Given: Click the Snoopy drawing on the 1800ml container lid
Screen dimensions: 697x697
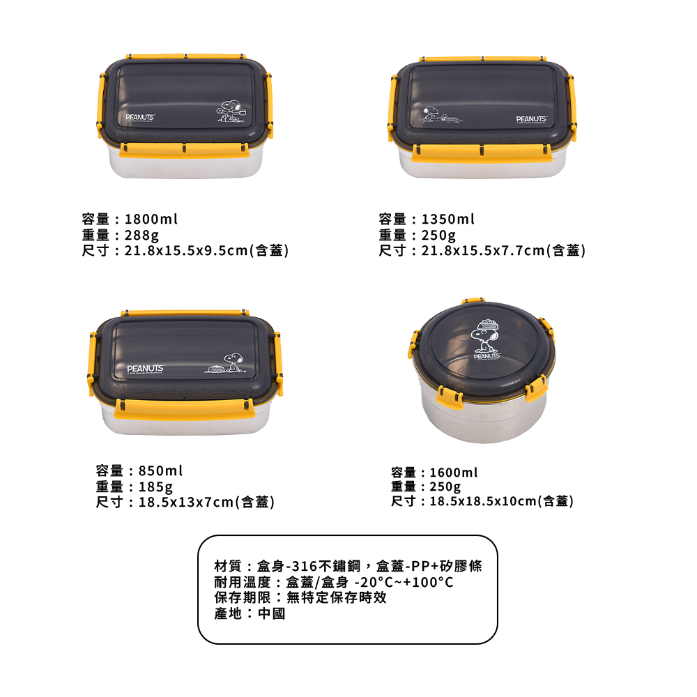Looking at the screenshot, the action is pyautogui.click(x=231, y=111).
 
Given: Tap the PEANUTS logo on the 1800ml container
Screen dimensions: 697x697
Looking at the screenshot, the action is pyautogui.click(x=140, y=118).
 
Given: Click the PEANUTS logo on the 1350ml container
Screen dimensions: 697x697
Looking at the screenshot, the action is pyautogui.click(x=532, y=119).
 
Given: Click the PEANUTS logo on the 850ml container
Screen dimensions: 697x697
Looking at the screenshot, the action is pyautogui.click(x=146, y=369).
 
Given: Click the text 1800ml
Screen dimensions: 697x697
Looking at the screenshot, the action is pyautogui.click(x=151, y=219).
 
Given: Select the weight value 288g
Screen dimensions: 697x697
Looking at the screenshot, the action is pyautogui.click(x=141, y=235).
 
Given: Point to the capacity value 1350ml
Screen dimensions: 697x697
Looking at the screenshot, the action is pyautogui.click(x=447, y=219).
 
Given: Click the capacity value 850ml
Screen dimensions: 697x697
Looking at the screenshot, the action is pyautogui.click(x=160, y=470).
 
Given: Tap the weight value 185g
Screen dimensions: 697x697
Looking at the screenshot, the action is pyautogui.click(x=155, y=487).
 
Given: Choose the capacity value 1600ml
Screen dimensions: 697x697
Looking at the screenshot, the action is pyautogui.click(x=454, y=473).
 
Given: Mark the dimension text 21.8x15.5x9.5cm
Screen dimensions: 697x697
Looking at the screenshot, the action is pyautogui.click(x=186, y=251).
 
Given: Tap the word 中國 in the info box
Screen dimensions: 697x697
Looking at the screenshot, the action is pyautogui.click(x=271, y=614).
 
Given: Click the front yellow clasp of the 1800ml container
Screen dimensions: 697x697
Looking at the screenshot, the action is pyautogui.click(x=184, y=150).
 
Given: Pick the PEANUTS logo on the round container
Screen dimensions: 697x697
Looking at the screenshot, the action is pyautogui.click(x=487, y=356).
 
